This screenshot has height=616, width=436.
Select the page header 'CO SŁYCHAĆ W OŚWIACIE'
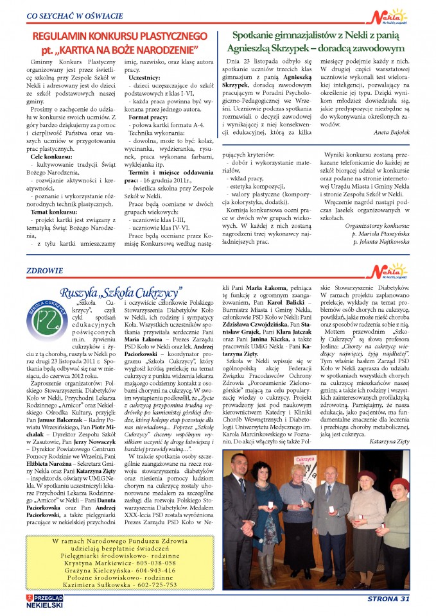tap(76, 15)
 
